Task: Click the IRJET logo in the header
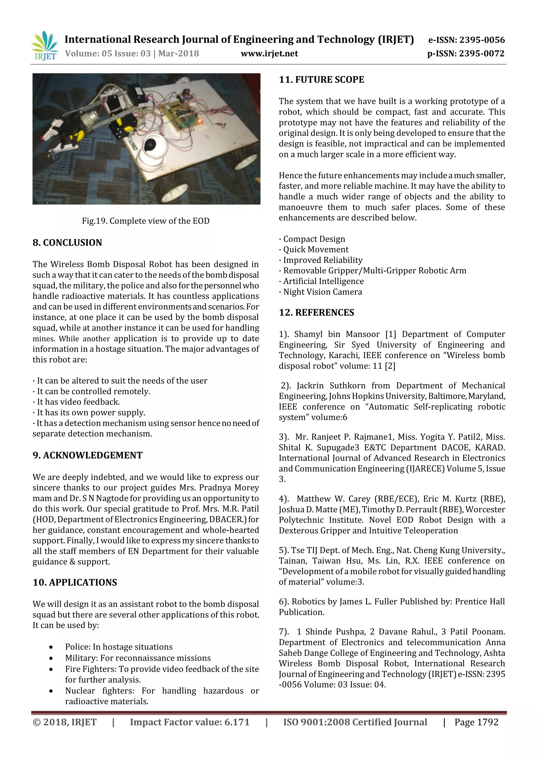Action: (44, 46)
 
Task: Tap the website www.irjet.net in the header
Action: (269, 54)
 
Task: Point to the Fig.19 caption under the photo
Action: (146, 221)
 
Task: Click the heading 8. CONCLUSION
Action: (67, 243)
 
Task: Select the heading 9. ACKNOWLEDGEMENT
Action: (87, 455)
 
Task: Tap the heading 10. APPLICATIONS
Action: (75, 582)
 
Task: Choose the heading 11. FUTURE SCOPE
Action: (321, 80)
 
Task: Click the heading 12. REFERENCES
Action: (316, 313)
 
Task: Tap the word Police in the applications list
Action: (77, 647)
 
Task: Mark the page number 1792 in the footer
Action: (486, 722)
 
